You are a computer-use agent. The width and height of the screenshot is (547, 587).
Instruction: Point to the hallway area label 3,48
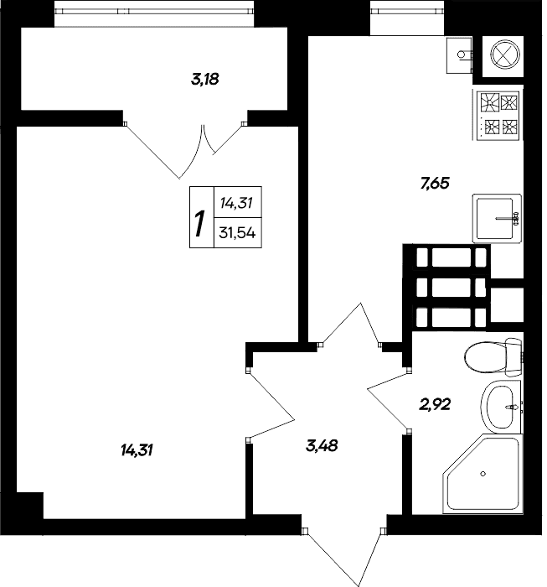(x=322, y=445)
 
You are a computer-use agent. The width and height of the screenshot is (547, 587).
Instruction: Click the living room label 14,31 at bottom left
(x=137, y=451)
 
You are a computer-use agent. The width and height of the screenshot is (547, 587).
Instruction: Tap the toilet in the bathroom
(x=491, y=359)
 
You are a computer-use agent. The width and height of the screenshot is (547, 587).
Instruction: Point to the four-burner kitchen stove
(x=498, y=116)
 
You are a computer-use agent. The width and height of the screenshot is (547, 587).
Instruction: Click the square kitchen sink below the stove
(x=497, y=218)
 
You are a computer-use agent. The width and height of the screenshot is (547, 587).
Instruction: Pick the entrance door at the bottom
(x=345, y=553)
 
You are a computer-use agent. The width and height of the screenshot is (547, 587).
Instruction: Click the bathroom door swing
(x=389, y=403)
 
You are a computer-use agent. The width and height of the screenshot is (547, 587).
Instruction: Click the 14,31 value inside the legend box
(x=237, y=202)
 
